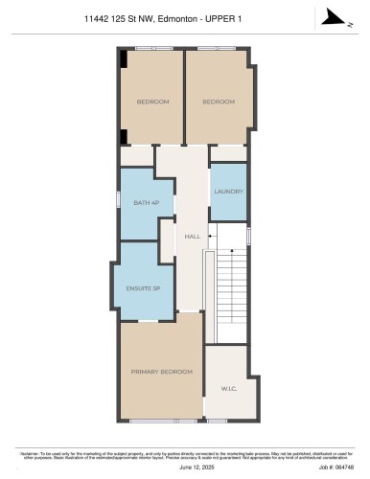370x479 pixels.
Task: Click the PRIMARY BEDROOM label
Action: pyautogui.click(x=161, y=371)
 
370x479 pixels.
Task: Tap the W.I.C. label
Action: pyautogui.click(x=228, y=389)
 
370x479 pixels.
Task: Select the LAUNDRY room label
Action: pyautogui.click(x=228, y=192)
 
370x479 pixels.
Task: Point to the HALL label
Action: pyautogui.click(x=193, y=235)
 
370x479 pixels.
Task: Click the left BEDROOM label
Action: pyautogui.click(x=152, y=102)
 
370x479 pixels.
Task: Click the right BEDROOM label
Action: pyautogui.click(x=219, y=102)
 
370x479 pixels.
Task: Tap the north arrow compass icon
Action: pyautogui.click(x=330, y=15)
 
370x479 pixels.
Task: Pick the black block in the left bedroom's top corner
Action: pyautogui.click(x=123, y=58)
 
